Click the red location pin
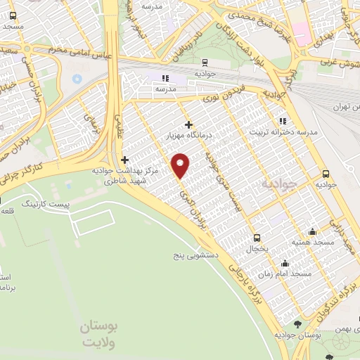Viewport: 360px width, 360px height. coord(181,165)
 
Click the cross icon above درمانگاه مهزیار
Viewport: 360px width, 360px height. coord(188,124)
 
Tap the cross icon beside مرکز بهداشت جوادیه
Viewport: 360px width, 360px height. coord(125,160)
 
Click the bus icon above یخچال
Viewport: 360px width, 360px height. coord(257,238)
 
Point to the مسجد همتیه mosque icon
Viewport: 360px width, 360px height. coord(312,232)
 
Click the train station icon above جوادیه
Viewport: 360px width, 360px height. coord(204,61)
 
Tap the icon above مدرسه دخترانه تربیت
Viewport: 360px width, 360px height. coord(283,120)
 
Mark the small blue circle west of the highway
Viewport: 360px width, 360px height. coord(77,78)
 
